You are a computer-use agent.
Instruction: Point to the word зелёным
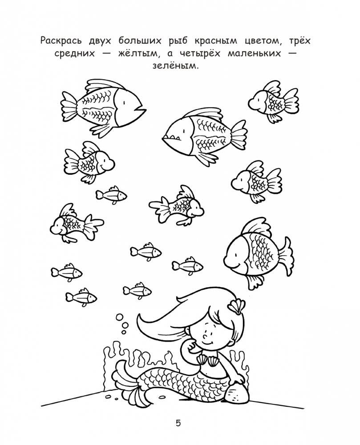click(180, 66)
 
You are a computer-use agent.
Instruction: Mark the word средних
click(77, 54)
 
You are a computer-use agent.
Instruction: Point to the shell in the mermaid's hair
click(235, 306)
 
